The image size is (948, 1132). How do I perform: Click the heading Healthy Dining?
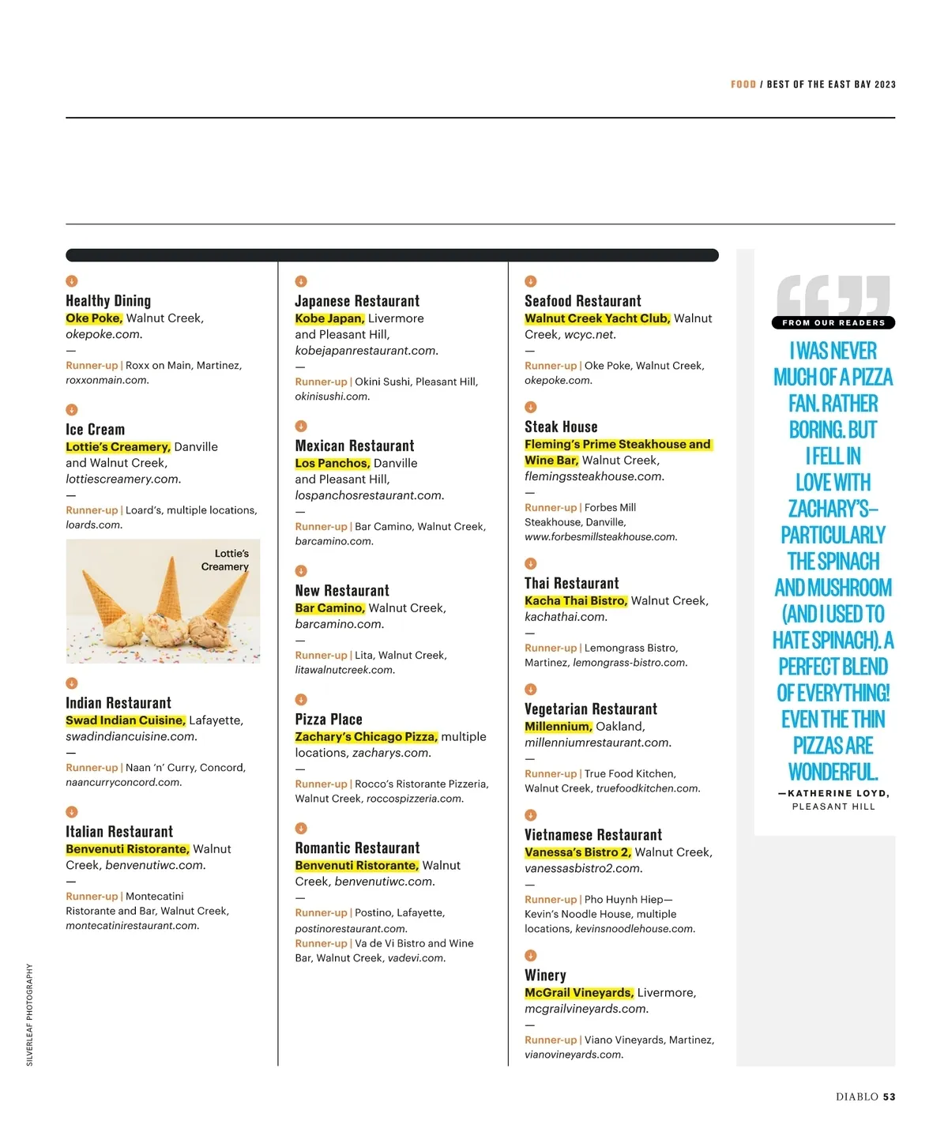[x=108, y=301]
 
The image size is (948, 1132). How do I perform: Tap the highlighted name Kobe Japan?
[x=329, y=318]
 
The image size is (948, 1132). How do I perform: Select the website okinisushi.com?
[x=332, y=397]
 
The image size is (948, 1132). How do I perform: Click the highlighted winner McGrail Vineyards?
[x=579, y=993]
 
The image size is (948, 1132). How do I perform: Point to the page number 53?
[x=890, y=1096]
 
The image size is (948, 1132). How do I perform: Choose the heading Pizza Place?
[x=329, y=720]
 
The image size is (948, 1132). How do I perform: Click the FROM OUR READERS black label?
[x=833, y=322]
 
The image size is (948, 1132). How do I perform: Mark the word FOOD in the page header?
[x=743, y=85]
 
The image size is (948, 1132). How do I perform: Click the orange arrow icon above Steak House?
[x=531, y=407]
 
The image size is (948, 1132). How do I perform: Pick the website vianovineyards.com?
[x=574, y=1055]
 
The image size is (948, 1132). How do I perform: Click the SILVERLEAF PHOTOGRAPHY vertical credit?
[x=30, y=1014]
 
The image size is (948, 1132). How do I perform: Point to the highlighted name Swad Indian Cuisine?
[x=126, y=720]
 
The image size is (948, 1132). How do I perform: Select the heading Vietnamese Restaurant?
[x=593, y=835]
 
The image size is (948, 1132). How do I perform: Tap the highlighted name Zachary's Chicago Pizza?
[x=366, y=737]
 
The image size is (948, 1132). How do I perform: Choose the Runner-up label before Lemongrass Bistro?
[x=551, y=648]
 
